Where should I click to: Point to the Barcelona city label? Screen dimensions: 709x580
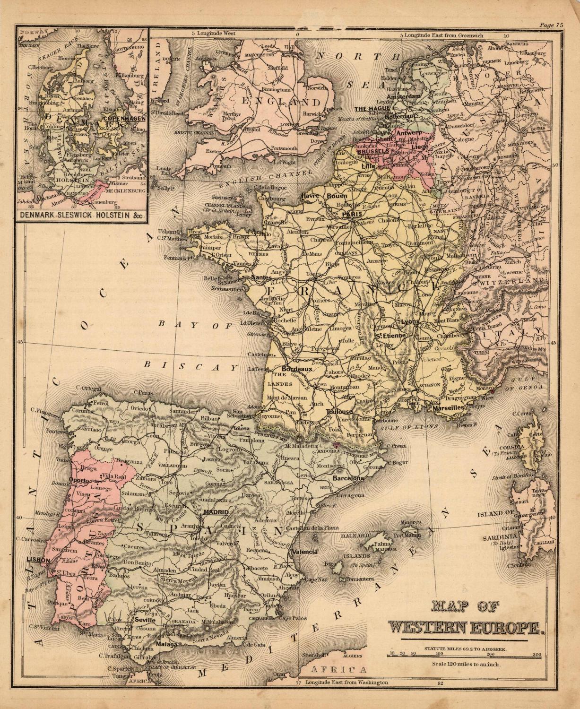[348, 478]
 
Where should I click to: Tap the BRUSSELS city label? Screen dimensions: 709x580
[373, 152]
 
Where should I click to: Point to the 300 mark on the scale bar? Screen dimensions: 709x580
[536, 654]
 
